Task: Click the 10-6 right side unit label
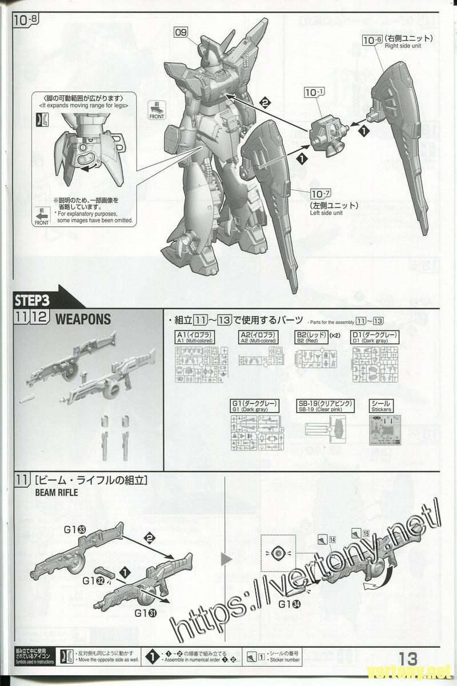(x=372, y=39)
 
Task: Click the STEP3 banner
(x=33, y=300)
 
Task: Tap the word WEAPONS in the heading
(x=83, y=319)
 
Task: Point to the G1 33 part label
(x=75, y=530)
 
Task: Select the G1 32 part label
(x=93, y=581)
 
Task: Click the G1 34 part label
(x=291, y=604)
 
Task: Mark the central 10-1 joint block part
(x=328, y=132)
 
